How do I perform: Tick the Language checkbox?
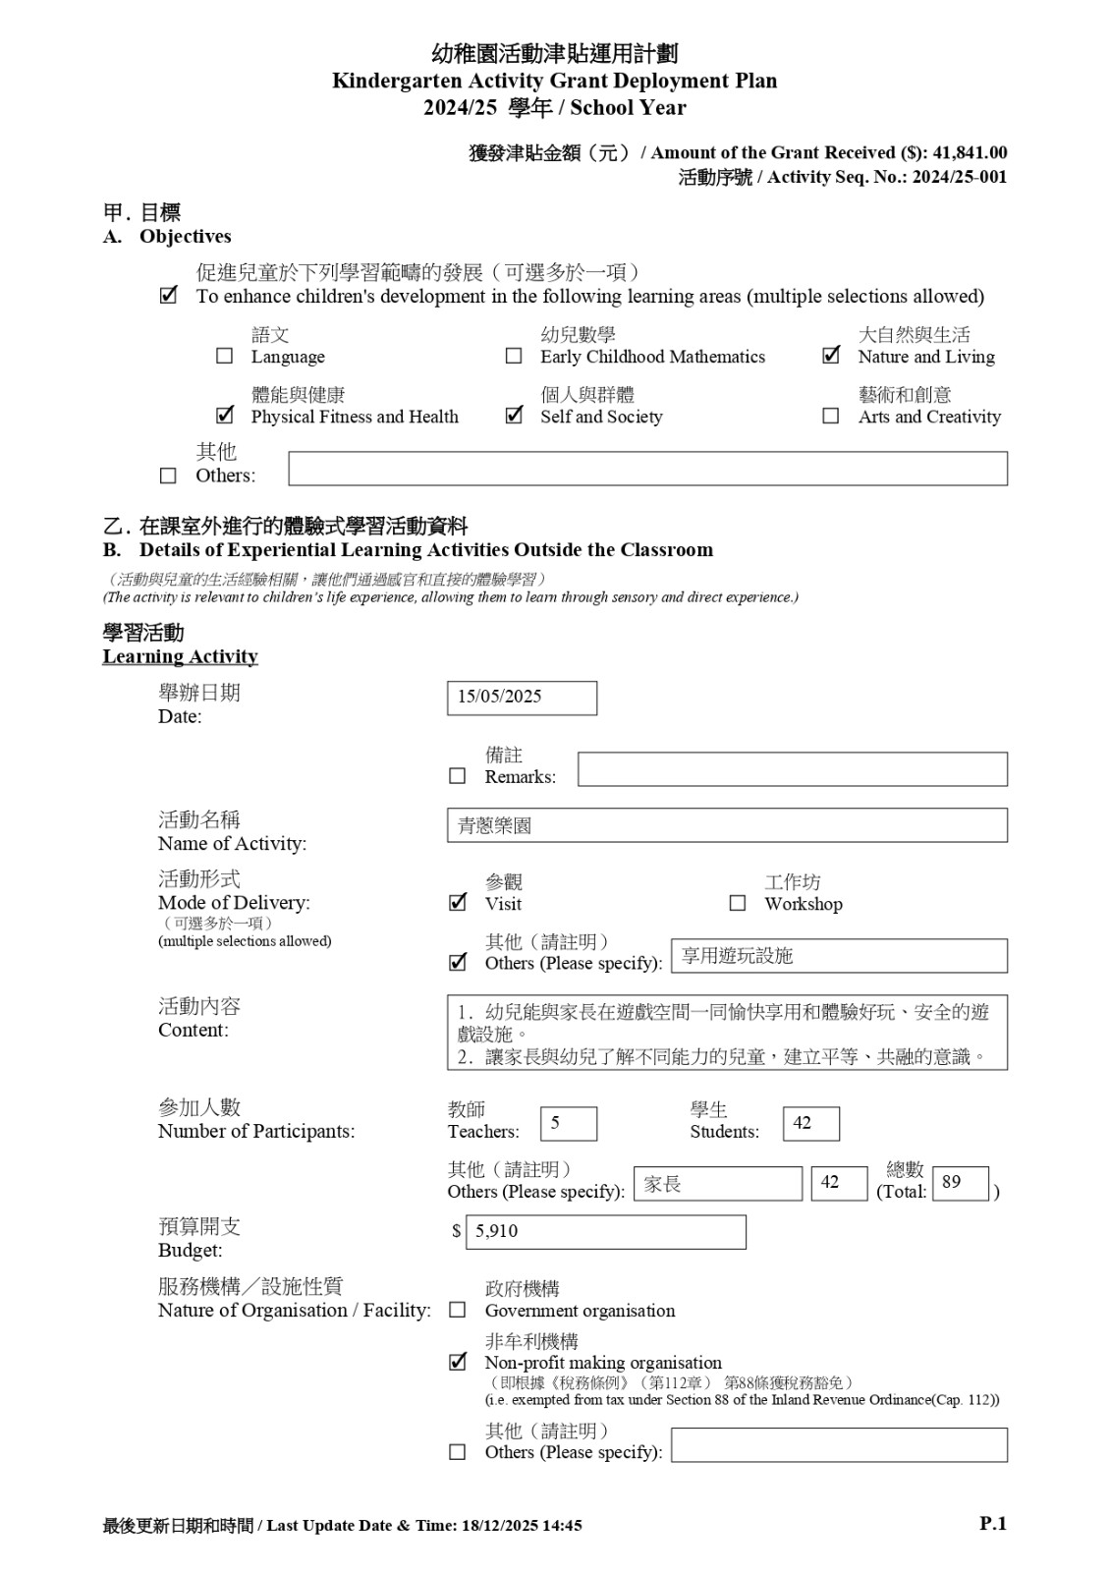[224, 356]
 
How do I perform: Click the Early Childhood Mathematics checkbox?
[514, 356]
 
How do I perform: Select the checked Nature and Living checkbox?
[831, 356]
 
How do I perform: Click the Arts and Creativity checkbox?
[831, 416]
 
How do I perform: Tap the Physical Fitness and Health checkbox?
[225, 416]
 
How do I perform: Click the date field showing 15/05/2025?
[522, 698]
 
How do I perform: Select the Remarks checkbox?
[458, 776]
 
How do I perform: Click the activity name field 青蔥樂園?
[727, 825]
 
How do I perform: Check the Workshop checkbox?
[738, 903]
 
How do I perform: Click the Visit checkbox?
[458, 903]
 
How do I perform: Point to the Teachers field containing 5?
[569, 1123]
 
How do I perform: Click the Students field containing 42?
[810, 1123]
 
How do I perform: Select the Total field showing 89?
[960, 1183]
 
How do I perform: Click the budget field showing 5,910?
[605, 1232]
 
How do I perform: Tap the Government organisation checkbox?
[458, 1310]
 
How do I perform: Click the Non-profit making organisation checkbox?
[458, 1362]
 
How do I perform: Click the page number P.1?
[993, 1524]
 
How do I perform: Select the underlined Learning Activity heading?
[180, 656]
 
